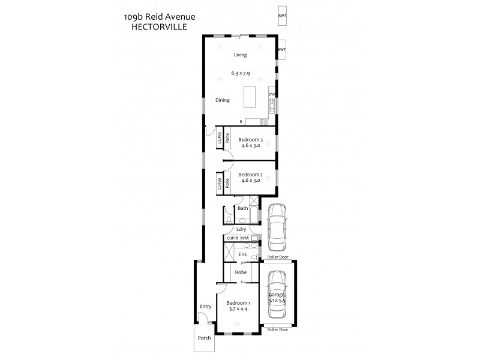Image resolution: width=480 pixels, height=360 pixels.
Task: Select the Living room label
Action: pyautogui.click(x=240, y=55)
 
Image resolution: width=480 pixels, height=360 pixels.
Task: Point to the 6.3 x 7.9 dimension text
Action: pyautogui.click(x=240, y=73)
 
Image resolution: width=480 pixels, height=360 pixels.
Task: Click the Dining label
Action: pyautogui.click(x=222, y=100)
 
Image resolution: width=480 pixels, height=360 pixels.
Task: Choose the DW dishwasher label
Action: pyautogui.click(x=271, y=95)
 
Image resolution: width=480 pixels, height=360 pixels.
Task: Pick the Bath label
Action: pyautogui.click(x=242, y=209)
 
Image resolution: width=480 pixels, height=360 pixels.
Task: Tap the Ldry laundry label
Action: pyautogui.click(x=241, y=229)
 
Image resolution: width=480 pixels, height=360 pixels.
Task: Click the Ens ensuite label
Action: pyautogui.click(x=242, y=254)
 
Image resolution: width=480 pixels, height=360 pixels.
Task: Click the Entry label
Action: pyautogui.click(x=205, y=307)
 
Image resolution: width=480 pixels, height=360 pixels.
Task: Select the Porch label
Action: pyautogui.click(x=205, y=338)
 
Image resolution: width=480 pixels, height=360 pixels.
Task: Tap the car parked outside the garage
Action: pyautogui.click(x=277, y=227)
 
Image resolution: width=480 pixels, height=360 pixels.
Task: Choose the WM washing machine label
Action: pyautogui.click(x=244, y=238)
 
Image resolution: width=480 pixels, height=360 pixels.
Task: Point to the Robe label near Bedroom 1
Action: pyautogui.click(x=241, y=272)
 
